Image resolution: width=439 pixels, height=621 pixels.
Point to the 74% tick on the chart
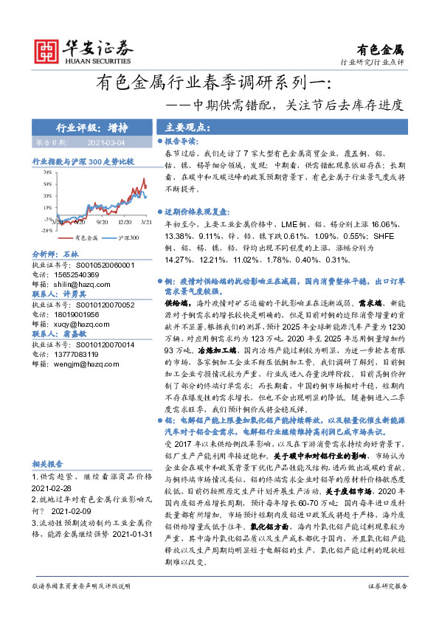pyautogui.click(x=46, y=172)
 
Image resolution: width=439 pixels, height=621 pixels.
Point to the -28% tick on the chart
pyautogui.click(x=46, y=230)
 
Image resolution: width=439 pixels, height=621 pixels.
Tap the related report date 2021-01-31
pyautogui.click(x=130, y=553)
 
